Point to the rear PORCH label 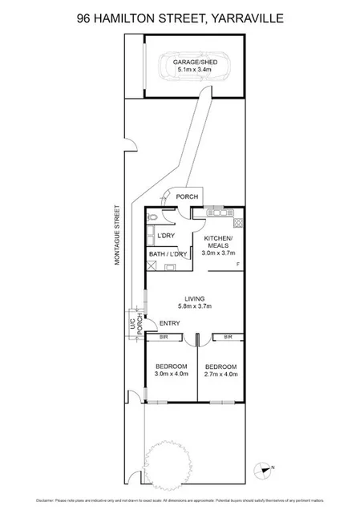click(x=187, y=197)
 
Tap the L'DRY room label click(x=166, y=235)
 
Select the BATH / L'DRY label click(x=168, y=254)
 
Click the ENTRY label click(x=169, y=323)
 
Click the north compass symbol click(x=263, y=471)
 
